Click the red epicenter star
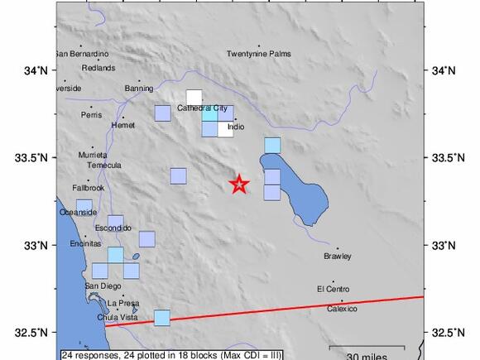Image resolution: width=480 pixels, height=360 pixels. pos(239,185)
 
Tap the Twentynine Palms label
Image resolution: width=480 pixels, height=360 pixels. pos(259,55)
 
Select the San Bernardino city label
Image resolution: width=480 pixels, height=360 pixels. pos(81,55)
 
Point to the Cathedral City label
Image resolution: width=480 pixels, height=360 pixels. pos(202,108)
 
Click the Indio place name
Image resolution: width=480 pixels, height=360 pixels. pos(236,127)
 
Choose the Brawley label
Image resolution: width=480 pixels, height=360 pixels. pos(337,256)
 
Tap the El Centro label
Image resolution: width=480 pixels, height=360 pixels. pos(333,289)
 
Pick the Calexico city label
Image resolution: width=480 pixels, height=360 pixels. pos(341,309)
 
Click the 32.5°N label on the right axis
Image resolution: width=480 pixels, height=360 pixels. pos(444,333)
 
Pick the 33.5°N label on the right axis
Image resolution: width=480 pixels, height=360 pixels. pos(444,157)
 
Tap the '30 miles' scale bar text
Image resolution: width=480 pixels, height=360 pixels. pos(367,355)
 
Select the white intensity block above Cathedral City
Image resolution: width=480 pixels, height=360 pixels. pos(194,97)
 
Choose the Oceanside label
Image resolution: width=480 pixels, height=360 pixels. pos(78,213)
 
